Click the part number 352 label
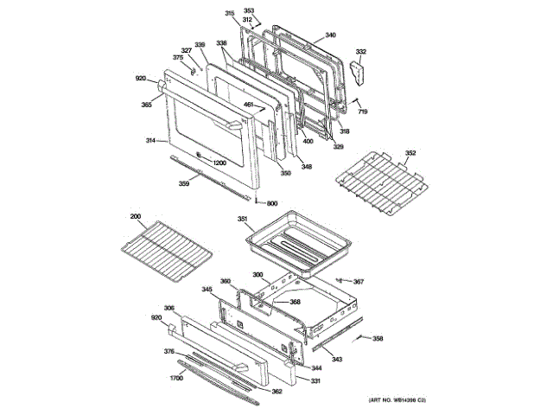(410, 153)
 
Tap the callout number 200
(135, 216)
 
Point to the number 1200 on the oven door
(219, 163)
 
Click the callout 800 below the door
(271, 203)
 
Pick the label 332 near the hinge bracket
(361, 52)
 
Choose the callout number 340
(330, 35)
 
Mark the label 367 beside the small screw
(359, 281)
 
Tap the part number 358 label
(377, 338)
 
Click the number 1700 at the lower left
(176, 378)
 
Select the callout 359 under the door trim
(184, 183)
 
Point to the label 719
(363, 113)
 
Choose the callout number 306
(169, 308)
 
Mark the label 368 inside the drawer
(295, 302)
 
